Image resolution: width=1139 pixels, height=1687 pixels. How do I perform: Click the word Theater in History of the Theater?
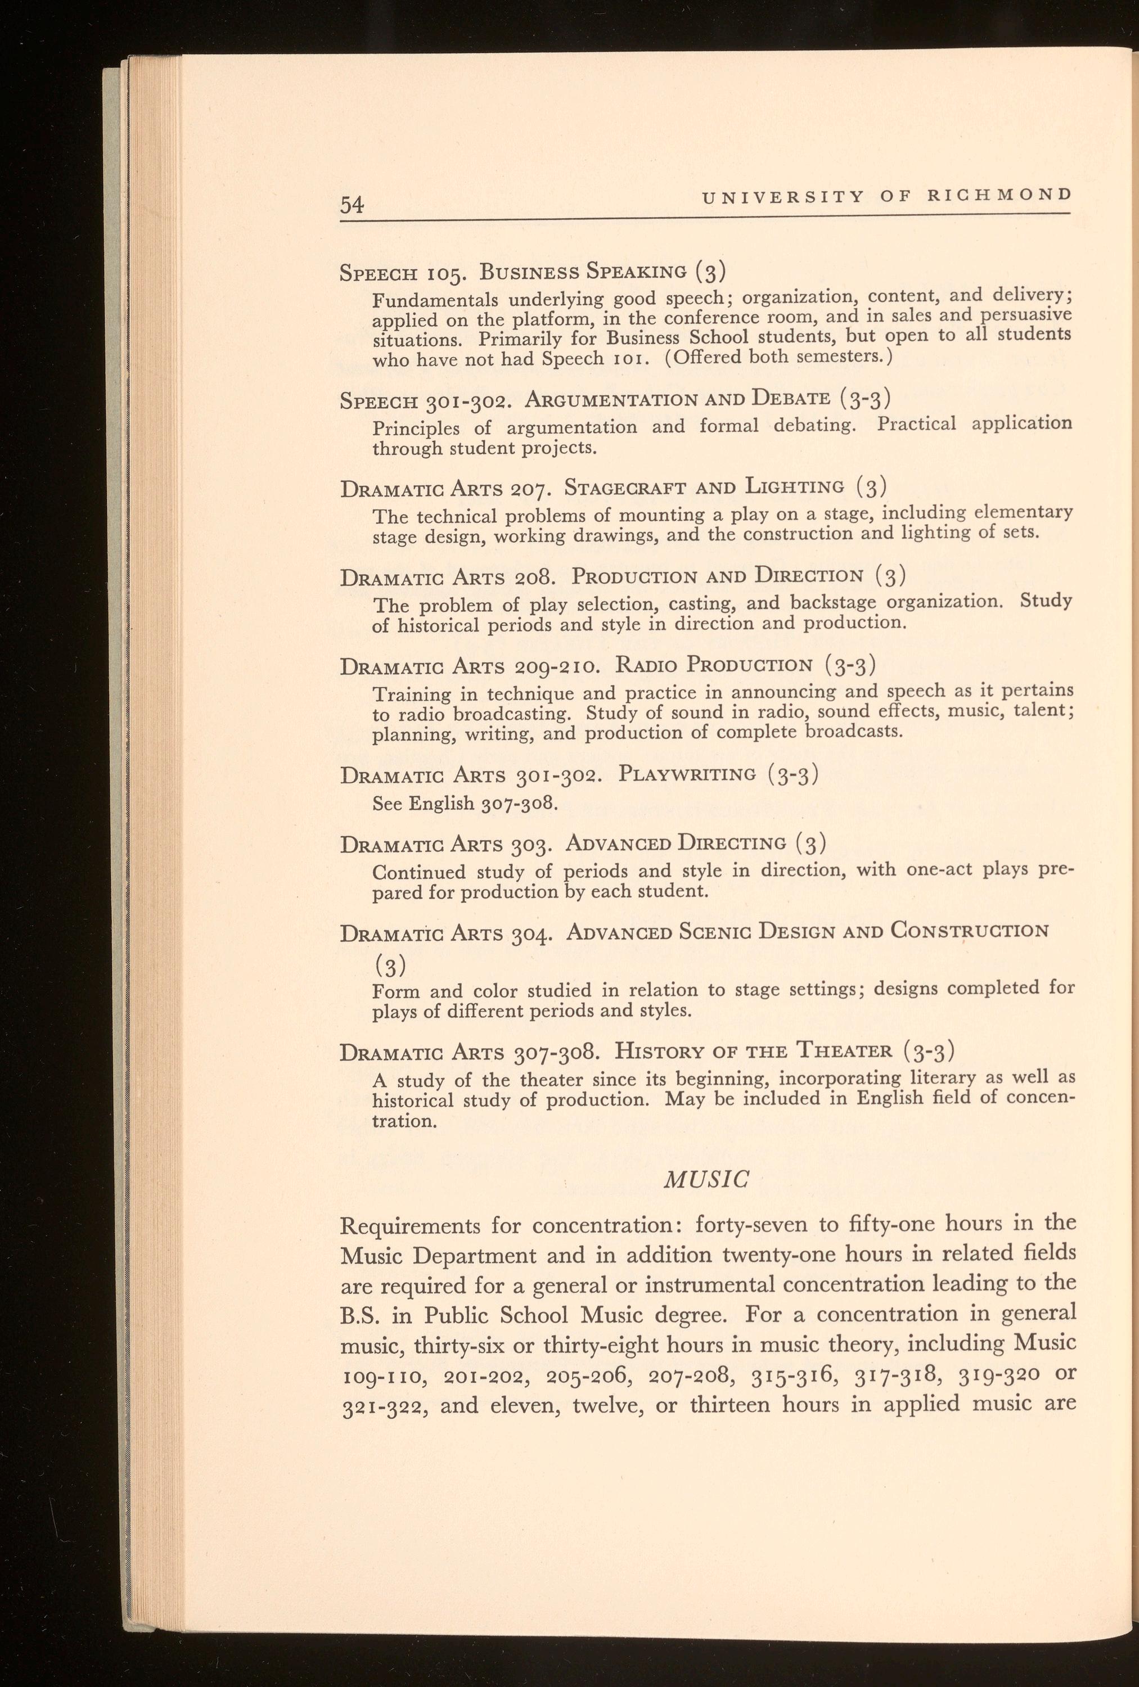[844, 1051]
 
